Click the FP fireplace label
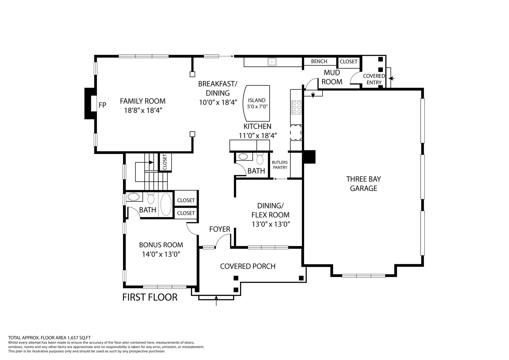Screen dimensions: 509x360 click(x=102, y=105)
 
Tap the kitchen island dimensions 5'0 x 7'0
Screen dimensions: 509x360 click(x=257, y=106)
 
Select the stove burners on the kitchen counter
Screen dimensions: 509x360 click(x=296, y=107)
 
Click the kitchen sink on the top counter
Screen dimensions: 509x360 click(x=272, y=62)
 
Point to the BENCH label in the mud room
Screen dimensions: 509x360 click(x=319, y=61)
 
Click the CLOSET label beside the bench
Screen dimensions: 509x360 click(x=348, y=62)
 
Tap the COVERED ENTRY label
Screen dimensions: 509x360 click(x=374, y=79)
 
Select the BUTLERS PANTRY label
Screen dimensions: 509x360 click(x=280, y=165)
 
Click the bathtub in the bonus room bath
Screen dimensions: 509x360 click(x=166, y=205)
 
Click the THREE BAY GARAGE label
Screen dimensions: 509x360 click(x=363, y=184)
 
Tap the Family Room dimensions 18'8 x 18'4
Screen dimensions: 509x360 click(x=143, y=110)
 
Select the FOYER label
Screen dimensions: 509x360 click(x=220, y=229)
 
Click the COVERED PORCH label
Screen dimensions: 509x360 click(x=248, y=266)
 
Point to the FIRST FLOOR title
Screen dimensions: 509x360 click(x=150, y=297)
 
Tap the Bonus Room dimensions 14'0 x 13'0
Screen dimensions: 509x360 click(x=161, y=254)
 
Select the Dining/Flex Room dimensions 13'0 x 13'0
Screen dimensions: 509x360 click(x=271, y=224)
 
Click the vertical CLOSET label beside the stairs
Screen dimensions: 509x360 click(x=165, y=162)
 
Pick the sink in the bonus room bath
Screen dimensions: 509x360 click(x=133, y=197)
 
